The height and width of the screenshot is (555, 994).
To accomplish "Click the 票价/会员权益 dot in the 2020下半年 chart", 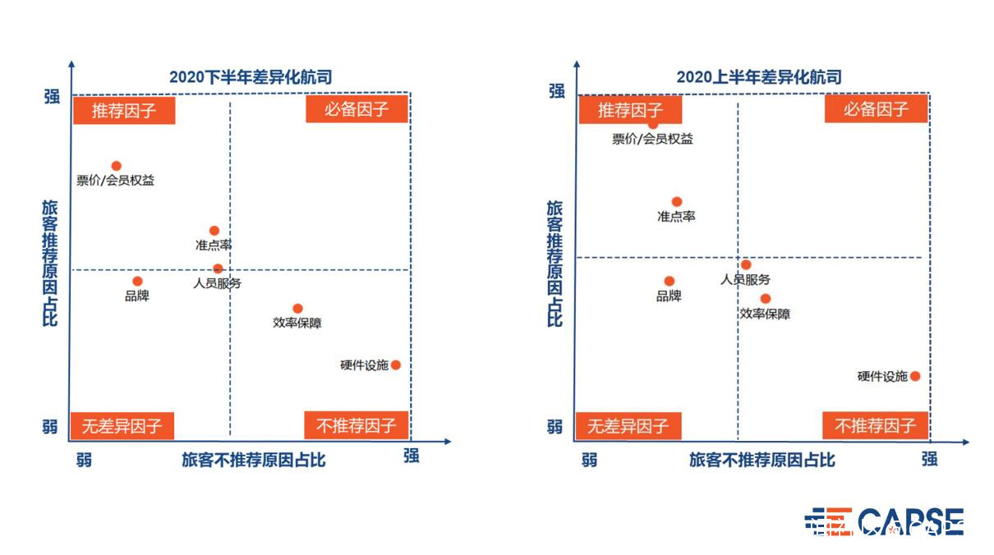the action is [117, 166].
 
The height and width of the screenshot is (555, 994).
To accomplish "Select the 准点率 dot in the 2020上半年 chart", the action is [677, 202].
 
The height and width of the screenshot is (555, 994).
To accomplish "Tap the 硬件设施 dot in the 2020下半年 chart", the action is [396, 365].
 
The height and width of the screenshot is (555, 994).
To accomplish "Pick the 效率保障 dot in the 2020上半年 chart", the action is [766, 299].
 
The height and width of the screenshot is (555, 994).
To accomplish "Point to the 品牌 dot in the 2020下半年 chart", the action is [137, 282].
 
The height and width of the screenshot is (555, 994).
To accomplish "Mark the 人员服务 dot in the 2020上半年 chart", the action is [746, 265].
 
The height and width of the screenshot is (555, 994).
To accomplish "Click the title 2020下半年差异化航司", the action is [251, 77].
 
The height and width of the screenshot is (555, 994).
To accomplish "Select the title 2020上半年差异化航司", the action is [759, 77].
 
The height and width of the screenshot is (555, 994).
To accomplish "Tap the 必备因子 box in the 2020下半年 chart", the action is [357, 109].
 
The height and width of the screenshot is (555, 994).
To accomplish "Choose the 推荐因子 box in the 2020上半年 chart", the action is [630, 109].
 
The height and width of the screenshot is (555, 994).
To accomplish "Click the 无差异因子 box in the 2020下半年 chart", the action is [122, 426].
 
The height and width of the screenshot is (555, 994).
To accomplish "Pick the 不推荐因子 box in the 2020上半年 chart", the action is [875, 425].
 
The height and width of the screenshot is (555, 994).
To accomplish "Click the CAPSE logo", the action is [884, 521].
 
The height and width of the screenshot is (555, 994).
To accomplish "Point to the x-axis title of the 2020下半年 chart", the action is [254, 460].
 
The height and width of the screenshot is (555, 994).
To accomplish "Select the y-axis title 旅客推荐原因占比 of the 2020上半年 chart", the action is [555, 264].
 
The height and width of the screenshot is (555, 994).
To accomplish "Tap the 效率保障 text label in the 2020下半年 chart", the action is [297, 323].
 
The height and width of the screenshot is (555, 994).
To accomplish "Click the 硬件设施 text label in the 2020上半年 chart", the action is [882, 376].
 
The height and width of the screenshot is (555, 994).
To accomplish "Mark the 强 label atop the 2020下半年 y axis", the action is [52, 96].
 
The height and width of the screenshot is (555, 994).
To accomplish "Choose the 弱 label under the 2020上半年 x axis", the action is [589, 460].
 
